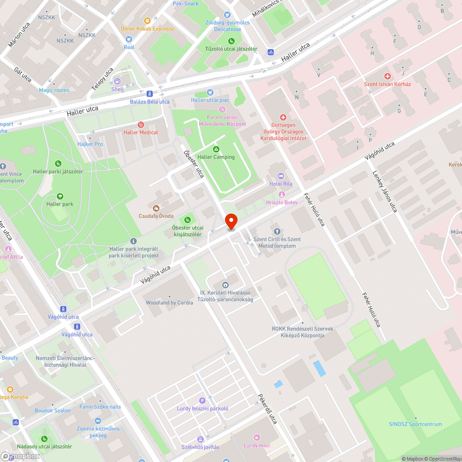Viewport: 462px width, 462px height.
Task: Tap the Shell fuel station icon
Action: pos(117,81)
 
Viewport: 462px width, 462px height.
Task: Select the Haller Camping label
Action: pos(216,157)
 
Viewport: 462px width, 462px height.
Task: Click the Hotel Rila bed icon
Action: pos(281,176)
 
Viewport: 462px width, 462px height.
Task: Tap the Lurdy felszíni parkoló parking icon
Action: pos(202,401)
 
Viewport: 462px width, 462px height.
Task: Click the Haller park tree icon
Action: pos(60,196)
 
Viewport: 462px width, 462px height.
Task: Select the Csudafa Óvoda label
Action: pos(156,216)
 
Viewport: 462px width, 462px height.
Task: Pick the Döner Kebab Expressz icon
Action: pos(147,21)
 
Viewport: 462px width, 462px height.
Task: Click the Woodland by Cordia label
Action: pos(169,303)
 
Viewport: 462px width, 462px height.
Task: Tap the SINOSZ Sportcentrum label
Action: pos(415,424)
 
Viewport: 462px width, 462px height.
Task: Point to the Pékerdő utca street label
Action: pos(267,409)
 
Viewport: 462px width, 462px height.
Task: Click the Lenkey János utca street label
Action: pos(385,192)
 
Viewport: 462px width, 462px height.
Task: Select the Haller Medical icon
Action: pos(141,125)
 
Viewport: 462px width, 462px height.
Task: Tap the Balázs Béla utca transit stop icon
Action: pos(150,94)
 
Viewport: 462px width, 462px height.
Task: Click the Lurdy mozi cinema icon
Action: pos(257,438)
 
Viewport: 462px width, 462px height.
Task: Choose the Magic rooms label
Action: pos(54,90)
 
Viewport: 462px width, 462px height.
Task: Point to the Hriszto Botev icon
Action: pos(281,195)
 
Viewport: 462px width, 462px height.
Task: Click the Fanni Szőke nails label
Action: pos(100,407)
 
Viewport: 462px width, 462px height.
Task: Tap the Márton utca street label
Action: pos(19,35)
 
